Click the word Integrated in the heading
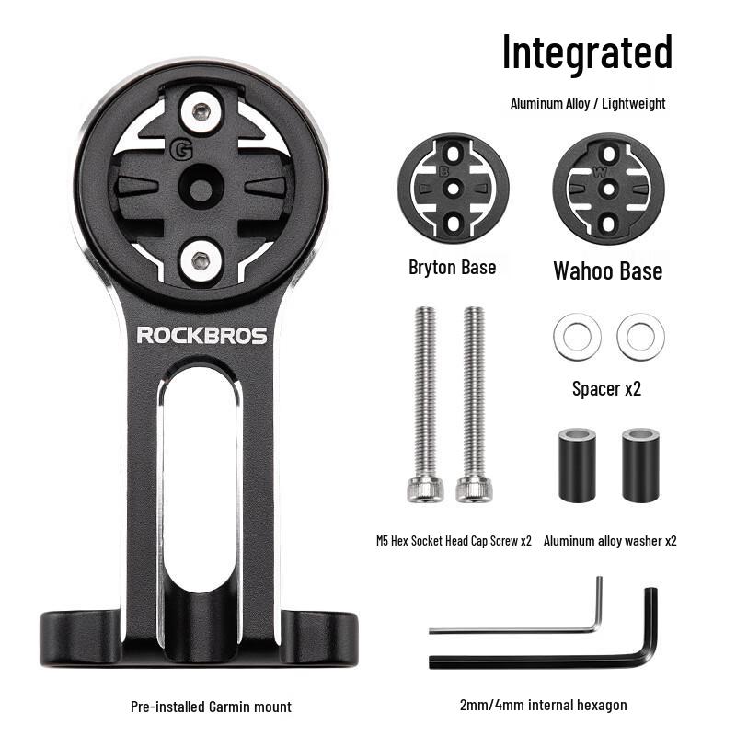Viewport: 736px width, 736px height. [587, 52]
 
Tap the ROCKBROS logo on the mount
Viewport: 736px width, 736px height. [201, 336]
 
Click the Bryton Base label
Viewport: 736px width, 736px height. [452, 268]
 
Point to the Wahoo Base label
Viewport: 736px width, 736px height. [607, 270]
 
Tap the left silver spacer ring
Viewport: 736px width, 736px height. [577, 337]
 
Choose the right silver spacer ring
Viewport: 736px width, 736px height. [640, 337]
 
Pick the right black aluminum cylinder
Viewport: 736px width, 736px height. [640, 465]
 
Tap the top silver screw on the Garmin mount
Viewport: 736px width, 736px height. [199, 113]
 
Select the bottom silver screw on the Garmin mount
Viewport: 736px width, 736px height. [199, 259]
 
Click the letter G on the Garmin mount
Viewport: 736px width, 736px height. [181, 147]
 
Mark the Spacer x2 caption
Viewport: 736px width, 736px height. [606, 389]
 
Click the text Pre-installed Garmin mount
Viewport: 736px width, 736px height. [211, 707]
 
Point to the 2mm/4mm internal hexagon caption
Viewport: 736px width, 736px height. [543, 705]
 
